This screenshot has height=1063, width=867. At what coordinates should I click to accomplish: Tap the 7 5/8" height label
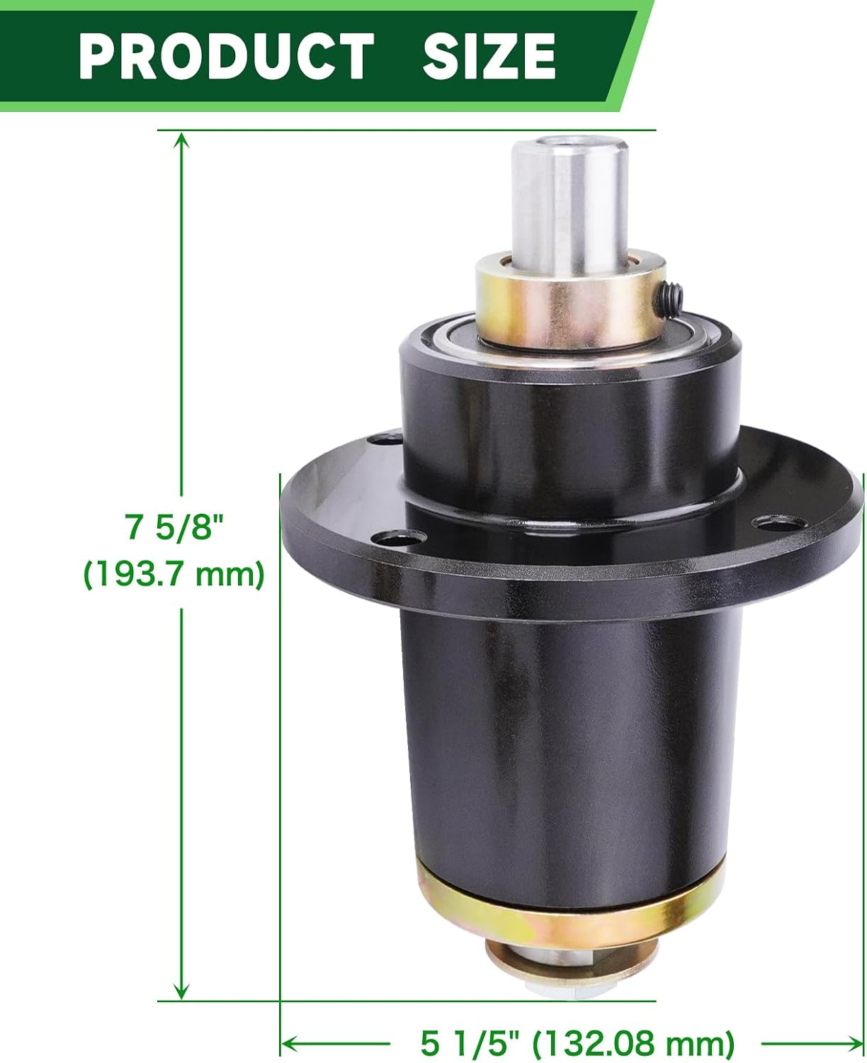click(x=173, y=528)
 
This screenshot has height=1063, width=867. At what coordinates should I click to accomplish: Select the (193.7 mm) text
click(x=174, y=574)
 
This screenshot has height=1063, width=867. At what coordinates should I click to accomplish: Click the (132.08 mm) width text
click(x=633, y=1028)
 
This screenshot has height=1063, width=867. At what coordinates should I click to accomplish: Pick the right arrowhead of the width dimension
click(x=851, y=1028)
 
